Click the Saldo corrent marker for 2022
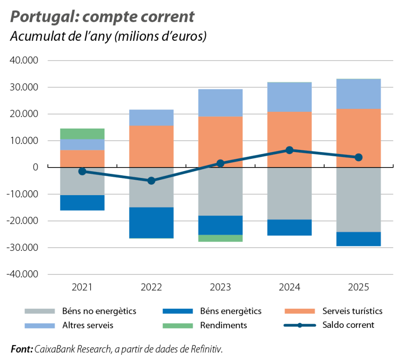(x=151, y=181)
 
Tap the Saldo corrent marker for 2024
(x=290, y=150)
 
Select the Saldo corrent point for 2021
(x=83, y=171)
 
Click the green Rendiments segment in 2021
(x=83, y=134)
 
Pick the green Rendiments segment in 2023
(x=220, y=239)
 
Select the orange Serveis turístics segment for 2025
(x=359, y=138)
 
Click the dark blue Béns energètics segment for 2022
(x=151, y=222)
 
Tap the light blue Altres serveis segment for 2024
(x=290, y=97)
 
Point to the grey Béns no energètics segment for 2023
(x=220, y=192)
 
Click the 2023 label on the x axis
(x=220, y=288)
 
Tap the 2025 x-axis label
(x=359, y=288)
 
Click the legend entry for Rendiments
(x=223, y=325)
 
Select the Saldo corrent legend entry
(x=348, y=325)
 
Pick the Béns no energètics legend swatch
(x=39, y=311)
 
